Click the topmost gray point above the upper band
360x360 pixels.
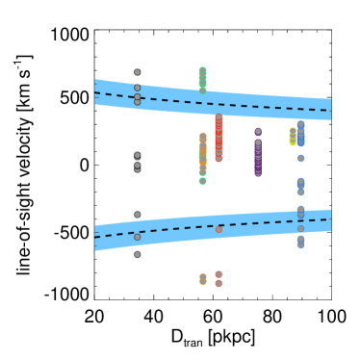[x=137, y=72]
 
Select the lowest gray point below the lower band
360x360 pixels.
[x=137, y=254]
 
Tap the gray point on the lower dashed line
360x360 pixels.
[x=137, y=237]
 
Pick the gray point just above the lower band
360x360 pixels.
[x=137, y=215]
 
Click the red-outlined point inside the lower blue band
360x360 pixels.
[x=219, y=229]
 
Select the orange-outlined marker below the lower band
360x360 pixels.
[x=203, y=278]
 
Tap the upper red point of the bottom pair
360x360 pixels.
[x=219, y=274]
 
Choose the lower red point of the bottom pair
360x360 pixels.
[x=219, y=283]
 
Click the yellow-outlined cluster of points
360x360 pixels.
[x=293, y=137]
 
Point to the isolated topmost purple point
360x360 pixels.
[x=258, y=131]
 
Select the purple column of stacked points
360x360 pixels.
[x=258, y=158]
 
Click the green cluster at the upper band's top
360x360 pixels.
[x=202, y=77]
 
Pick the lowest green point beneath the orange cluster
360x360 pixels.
[x=202, y=180]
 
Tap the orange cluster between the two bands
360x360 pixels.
[x=203, y=152]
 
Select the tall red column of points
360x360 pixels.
[x=219, y=139]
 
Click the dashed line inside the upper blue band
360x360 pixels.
[x=241, y=104]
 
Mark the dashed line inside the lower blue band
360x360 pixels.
[x=241, y=224]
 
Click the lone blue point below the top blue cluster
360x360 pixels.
[x=300, y=158]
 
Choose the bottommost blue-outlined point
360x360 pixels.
[x=300, y=244]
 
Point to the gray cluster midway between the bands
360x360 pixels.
[x=137, y=162]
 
